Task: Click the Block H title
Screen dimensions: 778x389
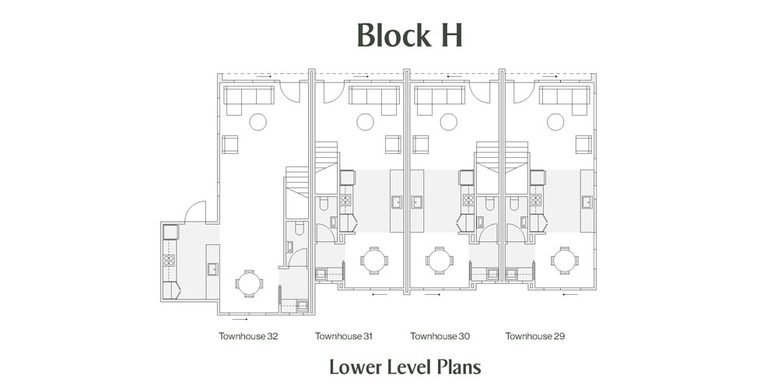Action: coord(409,35)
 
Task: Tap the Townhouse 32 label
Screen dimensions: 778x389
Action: coord(249,336)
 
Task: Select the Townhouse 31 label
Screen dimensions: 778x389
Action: coord(344,336)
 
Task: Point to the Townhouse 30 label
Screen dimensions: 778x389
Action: coord(440,336)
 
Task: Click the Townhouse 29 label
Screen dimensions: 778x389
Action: coord(535,336)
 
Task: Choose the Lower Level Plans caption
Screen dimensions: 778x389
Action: coord(405,368)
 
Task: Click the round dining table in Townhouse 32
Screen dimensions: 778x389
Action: coord(249,284)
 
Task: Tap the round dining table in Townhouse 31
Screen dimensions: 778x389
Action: coord(374,261)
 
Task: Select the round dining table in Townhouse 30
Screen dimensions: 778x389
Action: coord(439,261)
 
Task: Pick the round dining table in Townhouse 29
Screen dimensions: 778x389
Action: coord(565,261)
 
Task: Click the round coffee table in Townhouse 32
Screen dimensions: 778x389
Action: coord(258,122)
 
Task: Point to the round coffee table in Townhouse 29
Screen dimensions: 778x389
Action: coord(555,122)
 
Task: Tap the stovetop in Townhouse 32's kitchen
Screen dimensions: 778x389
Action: coord(170,261)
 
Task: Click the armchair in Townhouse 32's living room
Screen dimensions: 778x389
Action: coord(230,145)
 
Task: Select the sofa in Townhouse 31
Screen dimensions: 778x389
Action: coord(373,100)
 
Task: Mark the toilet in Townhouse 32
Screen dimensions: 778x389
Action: coord(300,228)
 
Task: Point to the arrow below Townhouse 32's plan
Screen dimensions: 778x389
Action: coord(240,320)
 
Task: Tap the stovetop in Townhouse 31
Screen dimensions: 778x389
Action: coord(345,200)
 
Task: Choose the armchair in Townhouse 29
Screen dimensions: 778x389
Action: coord(583,145)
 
